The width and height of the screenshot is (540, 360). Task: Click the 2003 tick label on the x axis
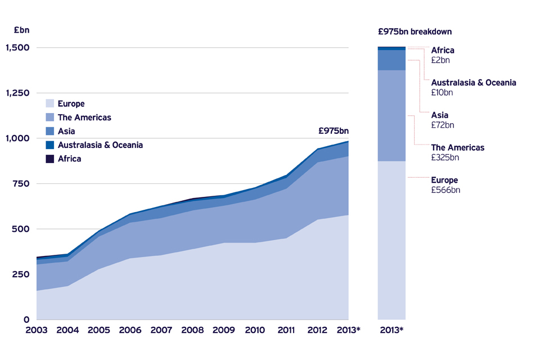click(37, 330)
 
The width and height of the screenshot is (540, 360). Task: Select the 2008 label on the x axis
click(192, 330)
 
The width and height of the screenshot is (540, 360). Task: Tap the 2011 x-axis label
click(286, 330)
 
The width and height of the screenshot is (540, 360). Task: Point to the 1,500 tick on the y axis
click(17, 48)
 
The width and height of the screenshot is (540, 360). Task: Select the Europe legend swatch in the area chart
click(50, 103)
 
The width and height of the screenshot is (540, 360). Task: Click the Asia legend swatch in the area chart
click(50, 131)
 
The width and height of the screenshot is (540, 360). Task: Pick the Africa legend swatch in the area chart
click(50, 159)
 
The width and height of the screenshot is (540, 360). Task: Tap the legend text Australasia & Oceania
click(100, 145)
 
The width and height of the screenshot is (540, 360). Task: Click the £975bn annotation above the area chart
click(333, 131)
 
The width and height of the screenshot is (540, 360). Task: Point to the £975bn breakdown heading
click(415, 31)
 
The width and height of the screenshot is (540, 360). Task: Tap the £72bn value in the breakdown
click(443, 125)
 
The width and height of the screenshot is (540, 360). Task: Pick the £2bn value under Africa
click(440, 60)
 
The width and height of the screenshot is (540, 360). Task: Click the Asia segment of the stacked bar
click(391, 60)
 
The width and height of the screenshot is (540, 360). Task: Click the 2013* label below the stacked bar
click(391, 330)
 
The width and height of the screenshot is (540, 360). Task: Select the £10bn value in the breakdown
click(442, 92)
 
